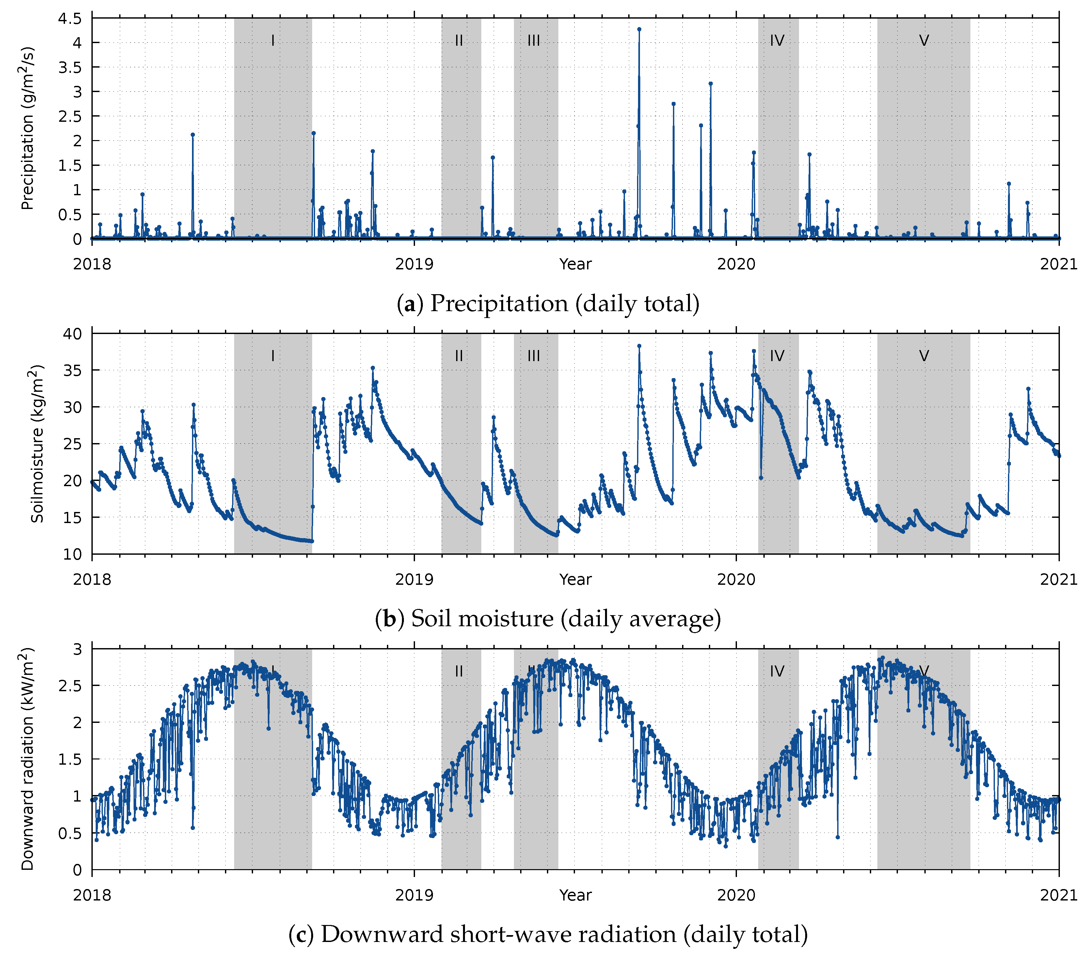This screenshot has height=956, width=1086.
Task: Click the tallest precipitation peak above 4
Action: click(x=639, y=30)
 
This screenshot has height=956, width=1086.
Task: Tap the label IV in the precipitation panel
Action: click(x=777, y=41)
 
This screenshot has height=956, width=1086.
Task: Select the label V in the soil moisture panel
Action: click(x=924, y=356)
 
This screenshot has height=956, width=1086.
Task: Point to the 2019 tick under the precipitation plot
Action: click(x=414, y=264)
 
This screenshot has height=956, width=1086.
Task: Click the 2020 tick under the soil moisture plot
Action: click(x=736, y=579)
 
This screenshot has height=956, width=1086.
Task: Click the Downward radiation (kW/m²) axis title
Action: click(x=28, y=759)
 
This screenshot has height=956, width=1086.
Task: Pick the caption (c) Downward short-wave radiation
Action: click(x=548, y=934)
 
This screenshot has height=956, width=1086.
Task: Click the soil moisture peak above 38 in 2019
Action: click(x=639, y=346)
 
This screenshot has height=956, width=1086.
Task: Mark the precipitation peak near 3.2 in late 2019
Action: click(x=711, y=84)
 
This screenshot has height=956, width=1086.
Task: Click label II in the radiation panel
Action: click(x=459, y=672)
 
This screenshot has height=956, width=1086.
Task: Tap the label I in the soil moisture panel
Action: click(x=273, y=356)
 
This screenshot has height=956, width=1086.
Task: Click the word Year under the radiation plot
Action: click(x=575, y=895)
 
